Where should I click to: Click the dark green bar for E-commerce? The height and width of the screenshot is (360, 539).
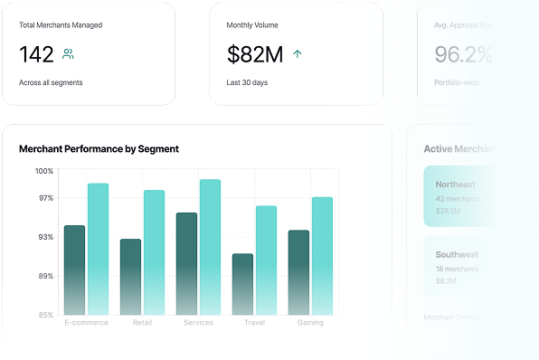[x=74, y=270]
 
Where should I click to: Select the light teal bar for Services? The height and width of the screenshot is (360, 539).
[x=210, y=246]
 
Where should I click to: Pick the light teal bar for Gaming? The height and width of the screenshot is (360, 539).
[x=322, y=255]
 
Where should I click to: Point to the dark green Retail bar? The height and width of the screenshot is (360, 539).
[x=130, y=276]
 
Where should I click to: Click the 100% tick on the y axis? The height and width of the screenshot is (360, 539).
[x=44, y=171]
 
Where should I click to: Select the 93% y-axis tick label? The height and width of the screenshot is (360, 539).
[x=44, y=237]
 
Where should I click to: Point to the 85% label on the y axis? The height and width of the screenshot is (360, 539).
[x=44, y=315]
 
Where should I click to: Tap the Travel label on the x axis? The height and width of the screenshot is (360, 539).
[x=254, y=323]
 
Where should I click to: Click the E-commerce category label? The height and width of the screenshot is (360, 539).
[x=86, y=323]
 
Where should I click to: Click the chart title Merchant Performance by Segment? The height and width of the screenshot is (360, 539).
[x=99, y=148]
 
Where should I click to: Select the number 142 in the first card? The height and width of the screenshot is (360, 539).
[x=36, y=54]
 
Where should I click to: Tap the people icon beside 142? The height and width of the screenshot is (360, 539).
[x=68, y=54]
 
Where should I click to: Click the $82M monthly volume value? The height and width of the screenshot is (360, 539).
[x=255, y=54]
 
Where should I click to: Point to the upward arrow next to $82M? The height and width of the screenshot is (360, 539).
[x=298, y=54]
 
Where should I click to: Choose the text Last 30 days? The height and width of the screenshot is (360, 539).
[x=247, y=82]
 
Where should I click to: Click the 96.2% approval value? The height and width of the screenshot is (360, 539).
[x=463, y=54]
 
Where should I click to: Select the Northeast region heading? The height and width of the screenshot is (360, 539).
[x=455, y=185]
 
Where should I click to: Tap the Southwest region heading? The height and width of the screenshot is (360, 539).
[x=456, y=255]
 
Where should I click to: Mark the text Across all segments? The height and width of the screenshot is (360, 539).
[x=51, y=82]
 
